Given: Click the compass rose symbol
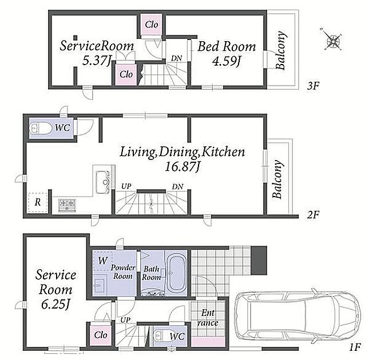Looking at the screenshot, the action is (331, 39).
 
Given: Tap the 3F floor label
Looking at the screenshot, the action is (313, 86).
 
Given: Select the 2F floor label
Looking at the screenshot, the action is (313, 214).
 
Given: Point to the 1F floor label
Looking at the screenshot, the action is (355, 347).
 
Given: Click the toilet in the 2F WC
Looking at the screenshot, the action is (40, 129).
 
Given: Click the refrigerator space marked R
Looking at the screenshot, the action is (38, 202).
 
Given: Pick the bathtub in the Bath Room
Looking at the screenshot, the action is (176, 273).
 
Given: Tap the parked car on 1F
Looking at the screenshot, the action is (297, 317).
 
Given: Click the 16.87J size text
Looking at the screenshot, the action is (182, 167).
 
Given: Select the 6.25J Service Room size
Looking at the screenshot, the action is (55, 305).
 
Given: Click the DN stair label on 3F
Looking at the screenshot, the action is (177, 58).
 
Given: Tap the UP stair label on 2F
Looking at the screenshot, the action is (126, 186).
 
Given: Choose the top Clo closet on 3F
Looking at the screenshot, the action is (151, 25).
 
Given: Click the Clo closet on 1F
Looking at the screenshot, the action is (101, 335).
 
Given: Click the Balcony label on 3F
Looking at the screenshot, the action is (281, 50).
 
